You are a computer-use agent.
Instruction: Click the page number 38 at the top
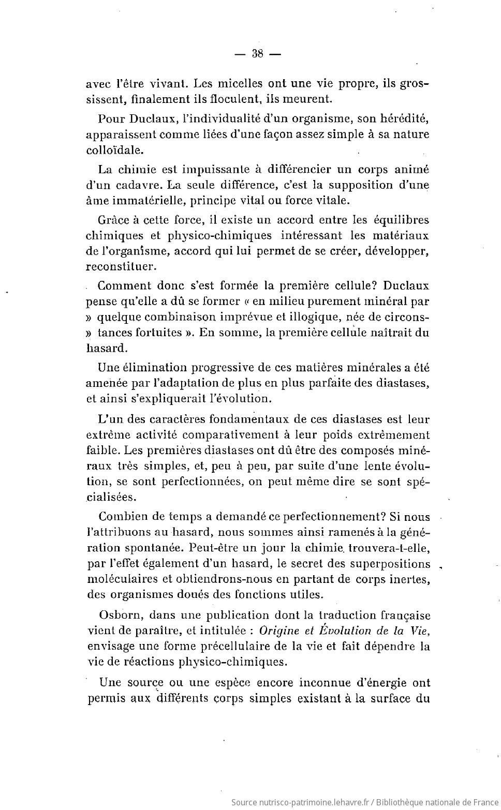pos(257,53)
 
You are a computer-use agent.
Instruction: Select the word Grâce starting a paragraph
pos(112,220)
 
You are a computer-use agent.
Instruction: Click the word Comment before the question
pos(125,286)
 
